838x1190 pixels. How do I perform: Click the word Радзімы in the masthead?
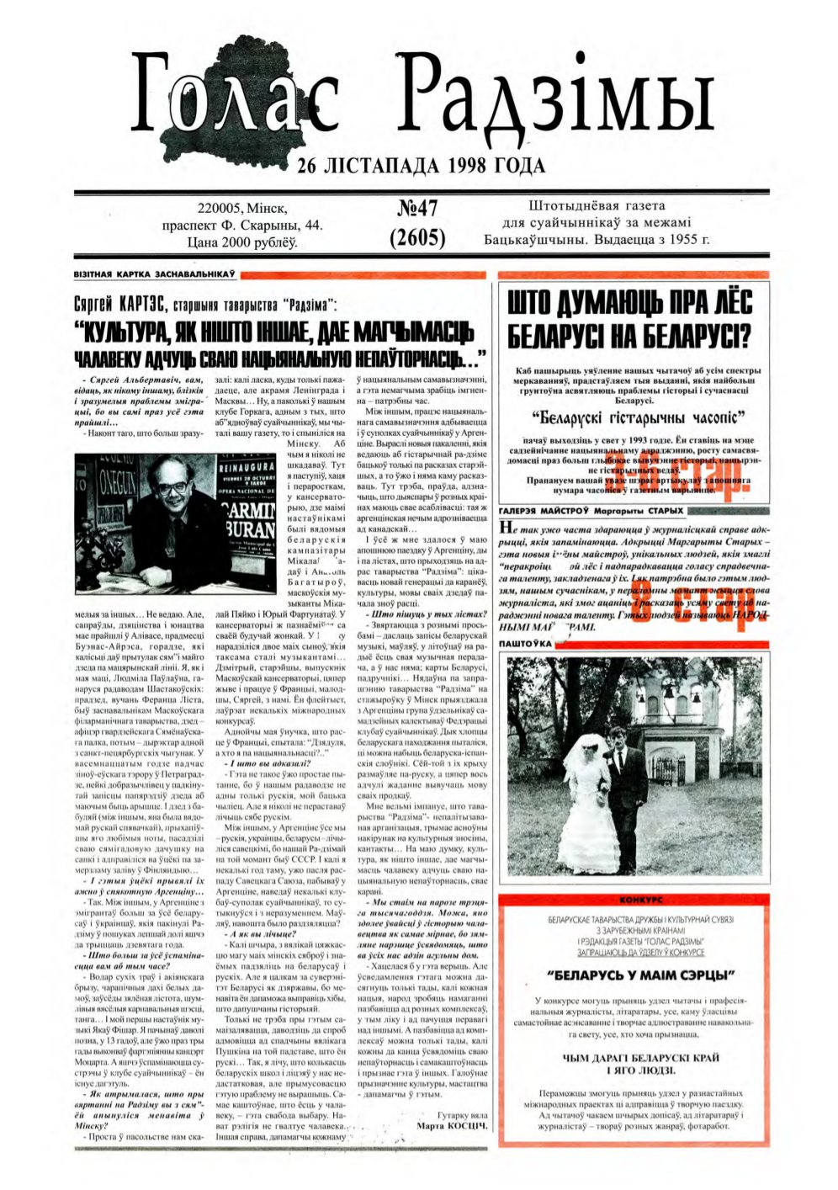click(555, 98)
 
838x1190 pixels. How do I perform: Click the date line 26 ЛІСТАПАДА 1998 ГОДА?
click(421, 166)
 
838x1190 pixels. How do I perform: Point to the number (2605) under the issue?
click(417, 238)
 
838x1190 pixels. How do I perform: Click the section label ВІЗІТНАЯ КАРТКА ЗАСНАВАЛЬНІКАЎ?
click(153, 274)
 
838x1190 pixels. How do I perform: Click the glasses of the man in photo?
click(174, 487)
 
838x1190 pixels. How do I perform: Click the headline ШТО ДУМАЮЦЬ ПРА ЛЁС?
click(629, 303)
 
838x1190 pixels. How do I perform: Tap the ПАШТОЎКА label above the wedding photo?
click(526, 643)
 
